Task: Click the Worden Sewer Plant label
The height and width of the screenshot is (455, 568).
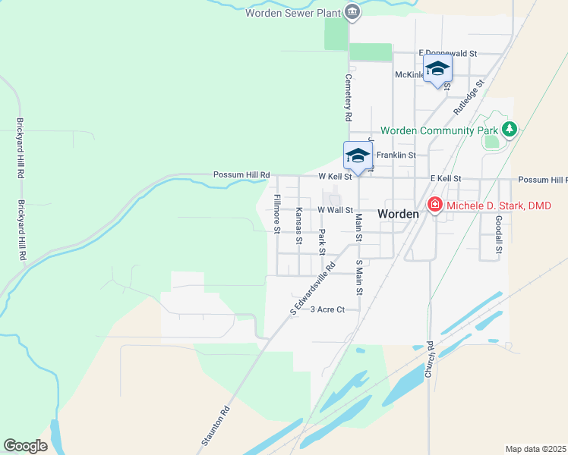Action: point(293,12)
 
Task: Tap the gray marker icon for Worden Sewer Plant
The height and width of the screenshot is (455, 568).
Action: point(352,11)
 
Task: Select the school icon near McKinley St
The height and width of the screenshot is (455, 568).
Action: point(437,69)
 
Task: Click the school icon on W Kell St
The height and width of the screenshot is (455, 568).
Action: point(357,157)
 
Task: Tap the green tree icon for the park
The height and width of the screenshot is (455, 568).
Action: point(510,130)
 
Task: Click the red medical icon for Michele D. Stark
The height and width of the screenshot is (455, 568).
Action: point(434,205)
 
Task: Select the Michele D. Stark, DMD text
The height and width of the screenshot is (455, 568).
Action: point(503,206)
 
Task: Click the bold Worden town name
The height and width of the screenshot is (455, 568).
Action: point(399,215)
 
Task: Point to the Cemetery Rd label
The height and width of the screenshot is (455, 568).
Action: point(349,98)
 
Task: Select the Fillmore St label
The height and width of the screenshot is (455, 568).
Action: point(277,214)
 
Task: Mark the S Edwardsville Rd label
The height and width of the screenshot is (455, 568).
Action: point(313,289)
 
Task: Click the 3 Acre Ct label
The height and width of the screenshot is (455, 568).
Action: point(327,309)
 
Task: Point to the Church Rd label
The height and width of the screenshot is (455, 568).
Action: point(429,360)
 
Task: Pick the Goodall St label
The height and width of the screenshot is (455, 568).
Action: point(499,234)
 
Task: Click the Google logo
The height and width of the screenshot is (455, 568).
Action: point(25,446)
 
